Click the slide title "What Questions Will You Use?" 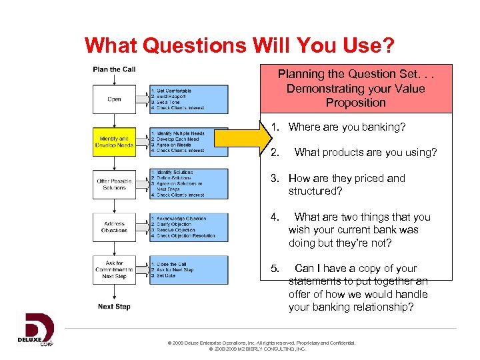239,45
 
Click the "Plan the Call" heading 114,69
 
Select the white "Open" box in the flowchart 114,99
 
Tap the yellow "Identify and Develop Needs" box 114,141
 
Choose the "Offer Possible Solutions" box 114,184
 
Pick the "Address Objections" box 114,227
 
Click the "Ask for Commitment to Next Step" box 114,269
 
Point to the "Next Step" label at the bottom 114,307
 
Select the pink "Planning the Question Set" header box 355,88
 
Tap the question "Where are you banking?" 346,127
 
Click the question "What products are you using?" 365,152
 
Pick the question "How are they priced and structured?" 346,184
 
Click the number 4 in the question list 274,217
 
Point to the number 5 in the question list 274,268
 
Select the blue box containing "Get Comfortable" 189,99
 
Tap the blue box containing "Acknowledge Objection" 189,227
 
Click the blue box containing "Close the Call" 189,269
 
